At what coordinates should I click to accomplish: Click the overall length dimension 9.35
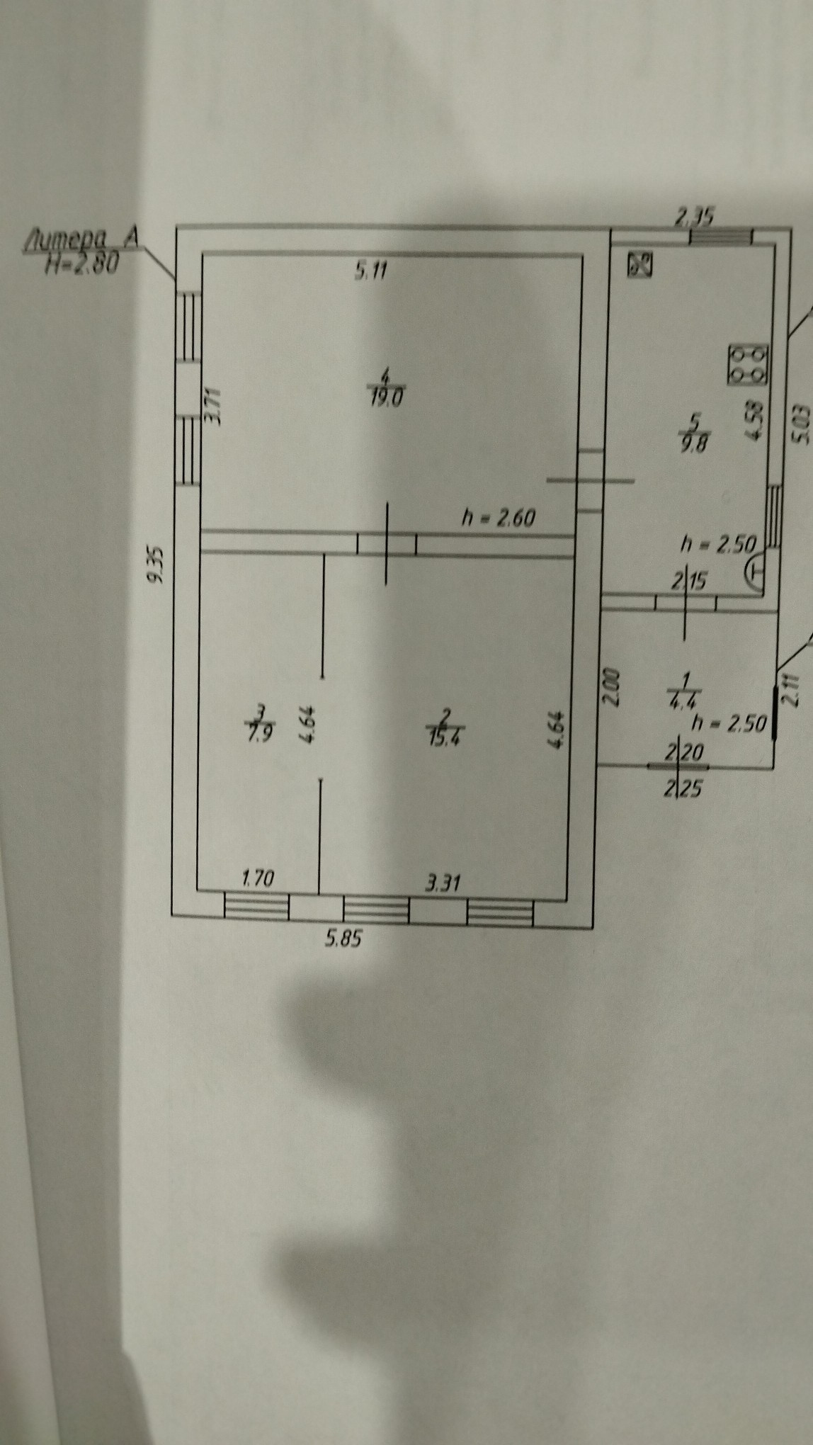point(156,562)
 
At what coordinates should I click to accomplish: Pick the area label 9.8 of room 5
point(695,444)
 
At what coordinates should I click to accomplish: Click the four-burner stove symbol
point(747,365)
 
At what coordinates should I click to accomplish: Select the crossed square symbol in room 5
point(639,266)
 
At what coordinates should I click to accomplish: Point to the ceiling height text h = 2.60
point(498,518)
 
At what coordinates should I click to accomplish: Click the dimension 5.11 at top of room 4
point(370,271)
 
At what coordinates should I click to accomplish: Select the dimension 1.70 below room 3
point(257,879)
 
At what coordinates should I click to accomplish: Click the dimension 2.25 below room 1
point(683,788)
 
